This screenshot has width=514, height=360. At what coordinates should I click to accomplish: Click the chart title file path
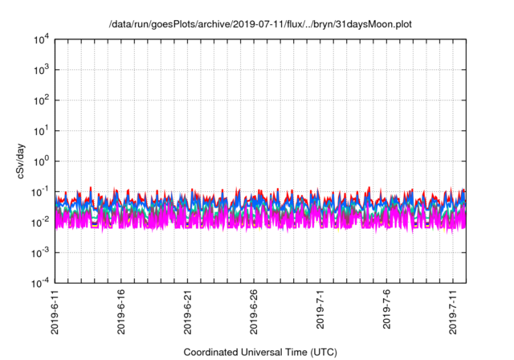[x=259, y=25]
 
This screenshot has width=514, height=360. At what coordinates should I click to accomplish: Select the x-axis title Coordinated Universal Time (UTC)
[x=259, y=352]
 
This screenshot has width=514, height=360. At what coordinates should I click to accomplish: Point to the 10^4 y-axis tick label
[x=41, y=39]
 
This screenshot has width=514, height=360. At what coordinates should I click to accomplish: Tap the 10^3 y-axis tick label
[x=41, y=70]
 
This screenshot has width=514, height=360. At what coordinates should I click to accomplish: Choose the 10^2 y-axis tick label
[x=41, y=100]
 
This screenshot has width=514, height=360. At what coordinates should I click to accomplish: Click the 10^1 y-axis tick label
[x=41, y=130]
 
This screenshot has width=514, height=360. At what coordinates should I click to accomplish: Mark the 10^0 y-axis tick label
[x=41, y=161]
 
